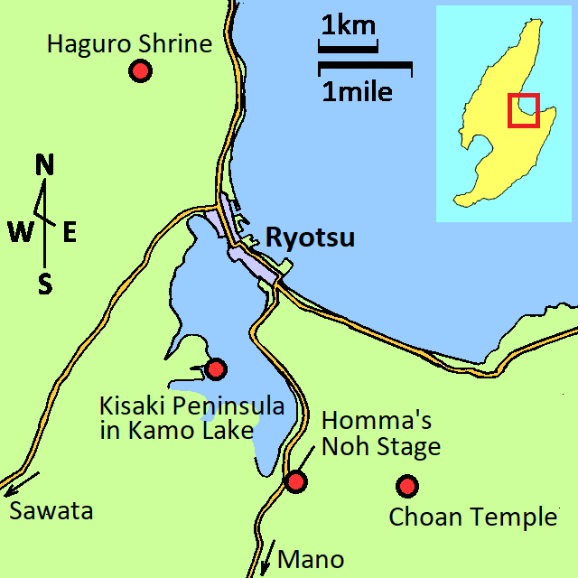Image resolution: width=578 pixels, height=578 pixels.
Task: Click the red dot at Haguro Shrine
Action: coord(139,70)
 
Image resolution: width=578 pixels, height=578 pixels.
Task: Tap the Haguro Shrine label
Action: coord(129,43)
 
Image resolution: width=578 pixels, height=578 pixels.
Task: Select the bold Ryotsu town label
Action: coord(310,238)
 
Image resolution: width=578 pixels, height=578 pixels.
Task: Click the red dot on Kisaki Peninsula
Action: coord(216,368)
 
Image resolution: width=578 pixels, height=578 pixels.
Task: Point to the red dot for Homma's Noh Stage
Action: coord(296,480)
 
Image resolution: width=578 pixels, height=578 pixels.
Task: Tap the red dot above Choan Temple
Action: coord(407,486)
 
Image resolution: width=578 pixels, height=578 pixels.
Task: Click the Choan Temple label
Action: coord(472,517)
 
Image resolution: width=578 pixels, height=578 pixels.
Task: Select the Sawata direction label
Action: coord(51,511)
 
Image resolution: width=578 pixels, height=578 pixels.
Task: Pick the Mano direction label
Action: coord(311,560)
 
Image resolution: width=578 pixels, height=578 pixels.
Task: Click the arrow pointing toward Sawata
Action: coord(21,481)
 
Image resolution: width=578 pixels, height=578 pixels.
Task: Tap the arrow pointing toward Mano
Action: coord(268,555)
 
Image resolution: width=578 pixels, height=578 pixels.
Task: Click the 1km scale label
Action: coord(348,26)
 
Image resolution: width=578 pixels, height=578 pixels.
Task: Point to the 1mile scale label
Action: coord(358,91)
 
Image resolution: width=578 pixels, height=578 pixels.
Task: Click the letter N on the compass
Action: coord(44,165)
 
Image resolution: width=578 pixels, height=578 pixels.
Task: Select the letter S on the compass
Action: coord(44,284)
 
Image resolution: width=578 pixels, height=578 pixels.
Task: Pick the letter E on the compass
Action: coord(69,232)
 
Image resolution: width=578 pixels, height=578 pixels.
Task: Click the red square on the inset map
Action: coord(523,110)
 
